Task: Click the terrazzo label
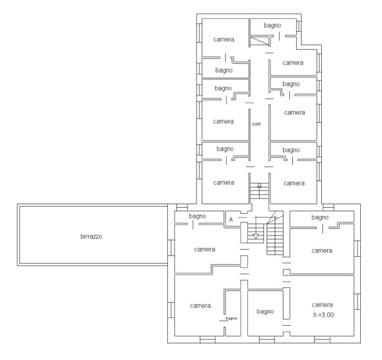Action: pos(92,237)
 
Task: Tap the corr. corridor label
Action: pos(257,124)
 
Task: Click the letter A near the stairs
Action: pos(231,220)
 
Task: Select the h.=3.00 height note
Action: pos(324,315)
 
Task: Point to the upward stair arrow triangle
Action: pos(259,185)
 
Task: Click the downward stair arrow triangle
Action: pos(256,236)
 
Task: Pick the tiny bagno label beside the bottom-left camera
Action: pos(231,318)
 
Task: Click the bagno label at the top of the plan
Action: pos(272,25)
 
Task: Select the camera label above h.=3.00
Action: pos(322,305)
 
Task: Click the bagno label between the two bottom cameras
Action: pos(265,312)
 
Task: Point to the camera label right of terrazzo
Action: pos(205,250)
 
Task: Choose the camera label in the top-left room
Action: pos(224,40)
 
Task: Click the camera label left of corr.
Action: pos(223,122)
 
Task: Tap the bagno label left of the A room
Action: pos(197,216)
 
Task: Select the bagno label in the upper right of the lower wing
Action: pos(320,217)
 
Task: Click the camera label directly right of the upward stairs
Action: pos(294,184)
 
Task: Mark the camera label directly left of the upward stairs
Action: pos(224,183)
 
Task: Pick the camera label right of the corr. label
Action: pos(295,113)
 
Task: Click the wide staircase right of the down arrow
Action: pos(275,236)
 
